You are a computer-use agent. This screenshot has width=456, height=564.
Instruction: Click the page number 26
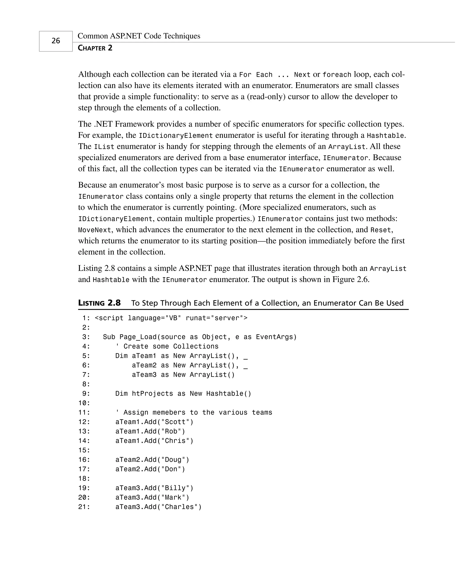[56, 41]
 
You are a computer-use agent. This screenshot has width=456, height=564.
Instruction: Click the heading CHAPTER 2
[95, 48]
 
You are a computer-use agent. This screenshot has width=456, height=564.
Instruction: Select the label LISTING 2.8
[99, 303]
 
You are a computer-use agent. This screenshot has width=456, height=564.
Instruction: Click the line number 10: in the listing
[84, 403]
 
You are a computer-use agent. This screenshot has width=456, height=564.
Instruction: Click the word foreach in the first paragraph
[337, 75]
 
